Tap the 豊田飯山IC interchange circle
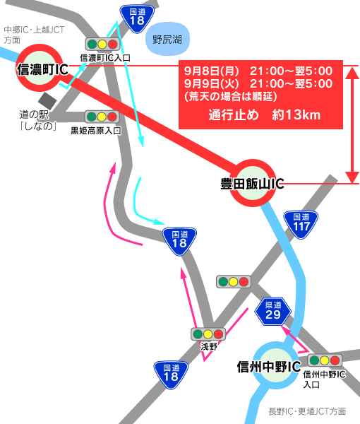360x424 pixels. click(253, 183)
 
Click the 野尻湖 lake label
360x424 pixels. click(167, 40)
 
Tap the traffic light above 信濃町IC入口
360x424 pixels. click(102, 44)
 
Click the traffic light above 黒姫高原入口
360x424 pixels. click(101, 116)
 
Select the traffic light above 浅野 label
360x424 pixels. click(208, 334)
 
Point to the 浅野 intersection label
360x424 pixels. click(209, 346)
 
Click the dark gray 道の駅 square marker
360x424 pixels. click(47, 101)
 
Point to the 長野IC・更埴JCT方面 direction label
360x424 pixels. click(307, 411)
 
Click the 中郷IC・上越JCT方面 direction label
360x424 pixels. click(32, 35)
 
